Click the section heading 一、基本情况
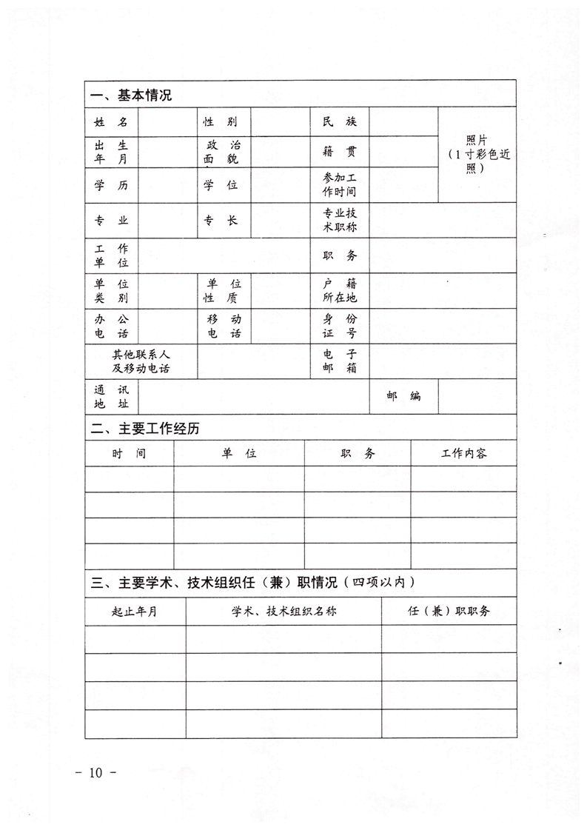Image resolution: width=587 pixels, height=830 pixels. pyautogui.click(x=131, y=96)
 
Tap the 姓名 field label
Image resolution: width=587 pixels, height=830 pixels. pyautogui.click(x=111, y=121)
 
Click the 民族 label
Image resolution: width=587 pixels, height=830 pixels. pyautogui.click(x=340, y=121)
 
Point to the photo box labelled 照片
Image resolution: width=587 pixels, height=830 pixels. pyautogui.click(x=477, y=154)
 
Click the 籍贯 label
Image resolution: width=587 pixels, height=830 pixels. pyautogui.click(x=340, y=152)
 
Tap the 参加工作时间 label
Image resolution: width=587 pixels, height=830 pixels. pyautogui.click(x=340, y=185)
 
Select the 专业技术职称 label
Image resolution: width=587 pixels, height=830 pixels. pyautogui.click(x=340, y=220)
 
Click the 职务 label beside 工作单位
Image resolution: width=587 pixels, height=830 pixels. pyautogui.click(x=340, y=255)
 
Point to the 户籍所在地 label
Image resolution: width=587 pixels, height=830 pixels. pyautogui.click(x=340, y=291)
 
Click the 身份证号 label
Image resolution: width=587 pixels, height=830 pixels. pyautogui.click(x=340, y=326)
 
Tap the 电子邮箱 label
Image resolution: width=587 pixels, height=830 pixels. pyautogui.click(x=340, y=361)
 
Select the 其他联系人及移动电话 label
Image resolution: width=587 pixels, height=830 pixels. pyautogui.click(x=141, y=361)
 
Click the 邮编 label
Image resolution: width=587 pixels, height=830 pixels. pyautogui.click(x=403, y=396)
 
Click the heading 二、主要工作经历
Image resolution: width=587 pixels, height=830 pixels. pyautogui.click(x=145, y=429)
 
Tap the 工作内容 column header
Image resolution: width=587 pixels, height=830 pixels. pyautogui.click(x=464, y=453)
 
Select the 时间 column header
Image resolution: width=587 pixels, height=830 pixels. pyautogui.click(x=129, y=453)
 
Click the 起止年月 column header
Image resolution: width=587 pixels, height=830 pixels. pyautogui.click(x=134, y=612)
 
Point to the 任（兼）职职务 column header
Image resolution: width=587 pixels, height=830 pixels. pyautogui.click(x=449, y=612)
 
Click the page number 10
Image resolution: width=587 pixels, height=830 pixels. pyautogui.click(x=97, y=773)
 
